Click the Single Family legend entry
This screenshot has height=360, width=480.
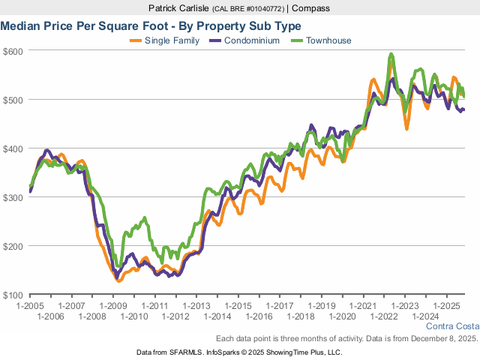tap(172, 40)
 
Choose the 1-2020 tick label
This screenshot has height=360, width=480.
tap(341, 317)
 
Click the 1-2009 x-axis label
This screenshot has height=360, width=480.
tap(113, 307)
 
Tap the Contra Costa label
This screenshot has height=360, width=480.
tap(451, 327)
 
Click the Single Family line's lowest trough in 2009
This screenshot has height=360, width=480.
tap(118, 280)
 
